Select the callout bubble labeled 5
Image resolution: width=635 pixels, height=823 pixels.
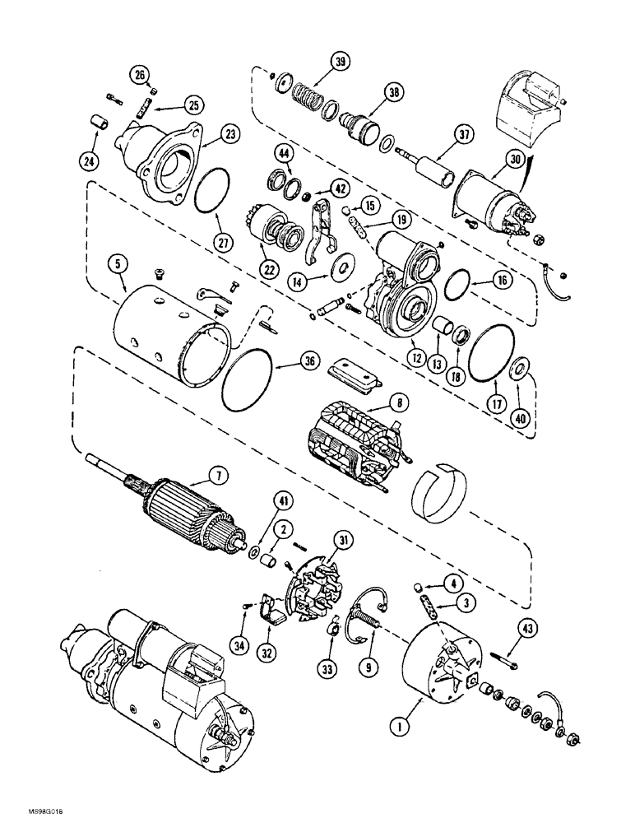tap(119, 265)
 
